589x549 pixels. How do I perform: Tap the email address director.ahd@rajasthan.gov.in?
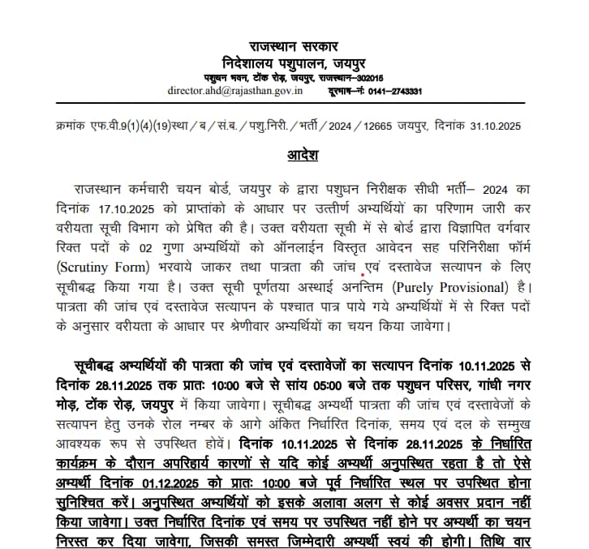234,91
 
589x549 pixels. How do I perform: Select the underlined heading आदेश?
294,153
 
